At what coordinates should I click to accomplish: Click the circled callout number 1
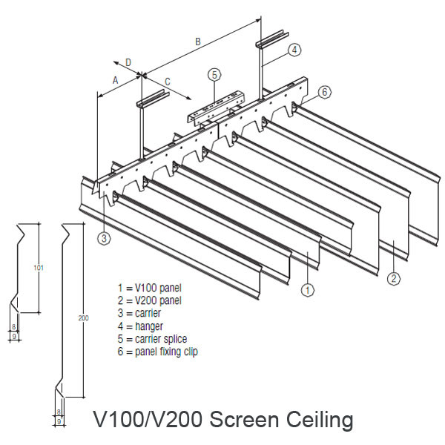[x=306, y=290]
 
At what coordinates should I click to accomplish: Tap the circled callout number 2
[x=393, y=279]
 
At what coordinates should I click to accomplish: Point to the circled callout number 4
[x=294, y=50]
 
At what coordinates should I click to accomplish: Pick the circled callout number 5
[x=214, y=74]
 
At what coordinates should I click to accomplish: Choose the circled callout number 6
[x=325, y=92]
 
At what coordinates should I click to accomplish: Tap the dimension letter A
[x=116, y=79]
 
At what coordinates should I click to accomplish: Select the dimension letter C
[x=168, y=81]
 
